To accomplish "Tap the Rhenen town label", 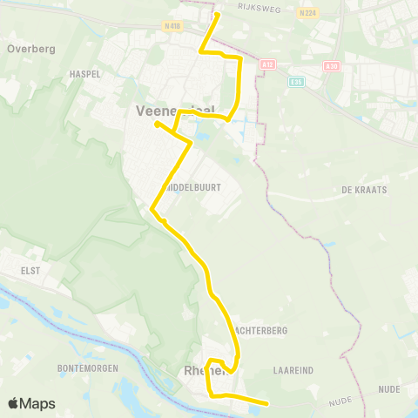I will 202,372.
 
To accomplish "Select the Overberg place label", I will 30,50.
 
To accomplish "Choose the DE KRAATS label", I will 364,189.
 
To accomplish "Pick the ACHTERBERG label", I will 261,331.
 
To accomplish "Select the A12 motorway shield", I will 268,64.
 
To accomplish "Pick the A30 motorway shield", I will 330,65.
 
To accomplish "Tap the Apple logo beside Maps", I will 14,403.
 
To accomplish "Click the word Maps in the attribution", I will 38,403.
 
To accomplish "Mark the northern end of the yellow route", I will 216,14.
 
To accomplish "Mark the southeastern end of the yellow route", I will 265,402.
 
